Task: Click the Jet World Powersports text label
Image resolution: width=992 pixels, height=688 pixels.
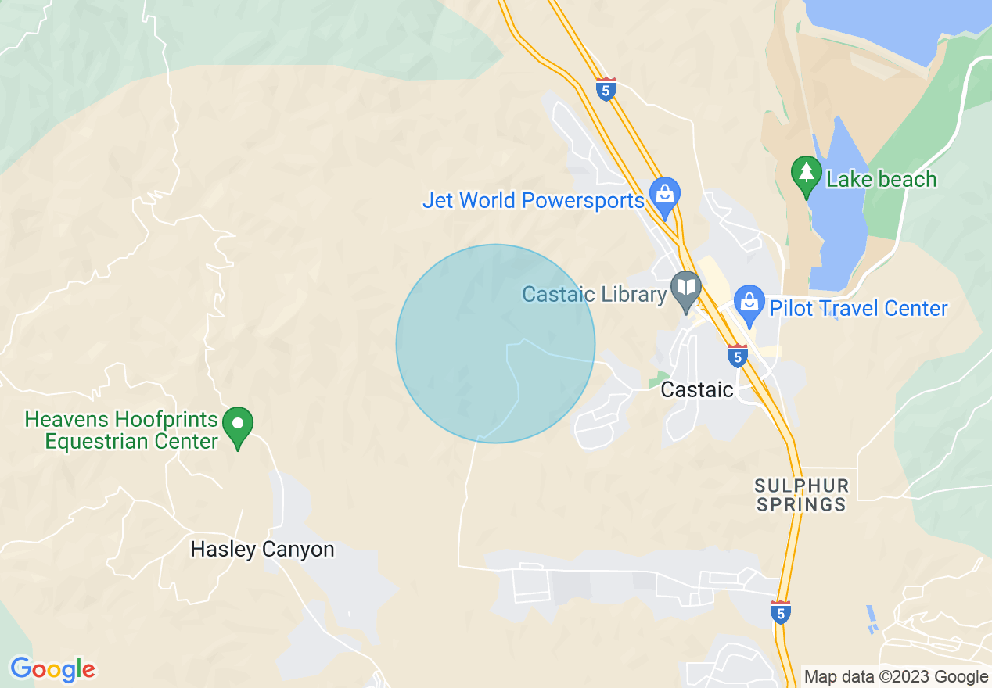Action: coord(533,200)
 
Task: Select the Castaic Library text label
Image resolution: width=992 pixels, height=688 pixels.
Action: coord(594,295)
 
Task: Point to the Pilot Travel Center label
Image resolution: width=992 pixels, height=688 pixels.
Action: coord(858,308)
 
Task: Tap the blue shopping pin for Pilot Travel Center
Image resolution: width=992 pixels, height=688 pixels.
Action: coord(749,302)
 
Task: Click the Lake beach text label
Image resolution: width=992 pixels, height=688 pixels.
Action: coord(881,179)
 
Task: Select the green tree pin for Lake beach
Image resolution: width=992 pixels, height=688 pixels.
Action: coord(806,173)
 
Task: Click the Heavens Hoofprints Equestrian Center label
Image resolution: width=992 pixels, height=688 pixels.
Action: coord(121,430)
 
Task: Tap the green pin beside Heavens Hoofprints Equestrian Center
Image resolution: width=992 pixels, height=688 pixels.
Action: coord(238,425)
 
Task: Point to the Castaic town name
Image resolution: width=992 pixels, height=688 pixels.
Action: coord(697,389)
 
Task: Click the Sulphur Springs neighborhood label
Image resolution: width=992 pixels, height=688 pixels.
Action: coord(802,495)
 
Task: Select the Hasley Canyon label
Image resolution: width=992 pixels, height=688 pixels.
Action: coord(262,549)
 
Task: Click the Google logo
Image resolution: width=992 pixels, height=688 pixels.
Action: coord(52,669)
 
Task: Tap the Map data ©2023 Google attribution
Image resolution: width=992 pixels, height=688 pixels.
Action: coord(896,677)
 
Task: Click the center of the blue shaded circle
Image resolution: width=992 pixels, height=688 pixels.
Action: coord(495,343)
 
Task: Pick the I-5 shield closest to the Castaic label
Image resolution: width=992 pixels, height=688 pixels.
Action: coord(737,356)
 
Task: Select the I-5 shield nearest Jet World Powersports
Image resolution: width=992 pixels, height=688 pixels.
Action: coord(606,88)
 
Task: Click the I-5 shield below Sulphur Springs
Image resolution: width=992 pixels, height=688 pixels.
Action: coord(781,611)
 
